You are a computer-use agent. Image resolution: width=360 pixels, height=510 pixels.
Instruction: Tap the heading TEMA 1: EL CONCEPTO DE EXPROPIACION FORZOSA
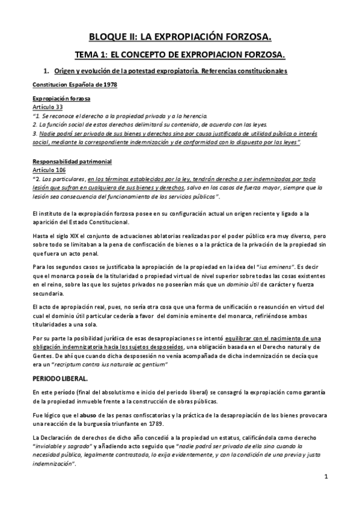[x=180, y=55]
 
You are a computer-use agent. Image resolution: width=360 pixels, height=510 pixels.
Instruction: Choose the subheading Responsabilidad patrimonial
[x=72, y=162]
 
